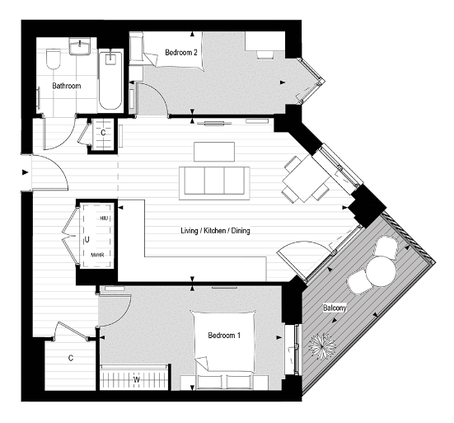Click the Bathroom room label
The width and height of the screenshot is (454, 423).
65,85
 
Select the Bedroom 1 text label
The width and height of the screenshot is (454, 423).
224,336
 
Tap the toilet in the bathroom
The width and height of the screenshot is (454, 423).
54,59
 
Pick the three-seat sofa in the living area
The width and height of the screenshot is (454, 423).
215,182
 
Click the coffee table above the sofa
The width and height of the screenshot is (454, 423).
214,153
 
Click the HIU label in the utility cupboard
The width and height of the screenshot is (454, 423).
104,218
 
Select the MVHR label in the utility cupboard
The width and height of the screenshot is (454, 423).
99,256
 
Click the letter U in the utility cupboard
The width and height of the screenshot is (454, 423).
87,238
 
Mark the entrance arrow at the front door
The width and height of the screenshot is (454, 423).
25,172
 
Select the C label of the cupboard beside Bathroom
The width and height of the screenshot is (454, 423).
103,132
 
